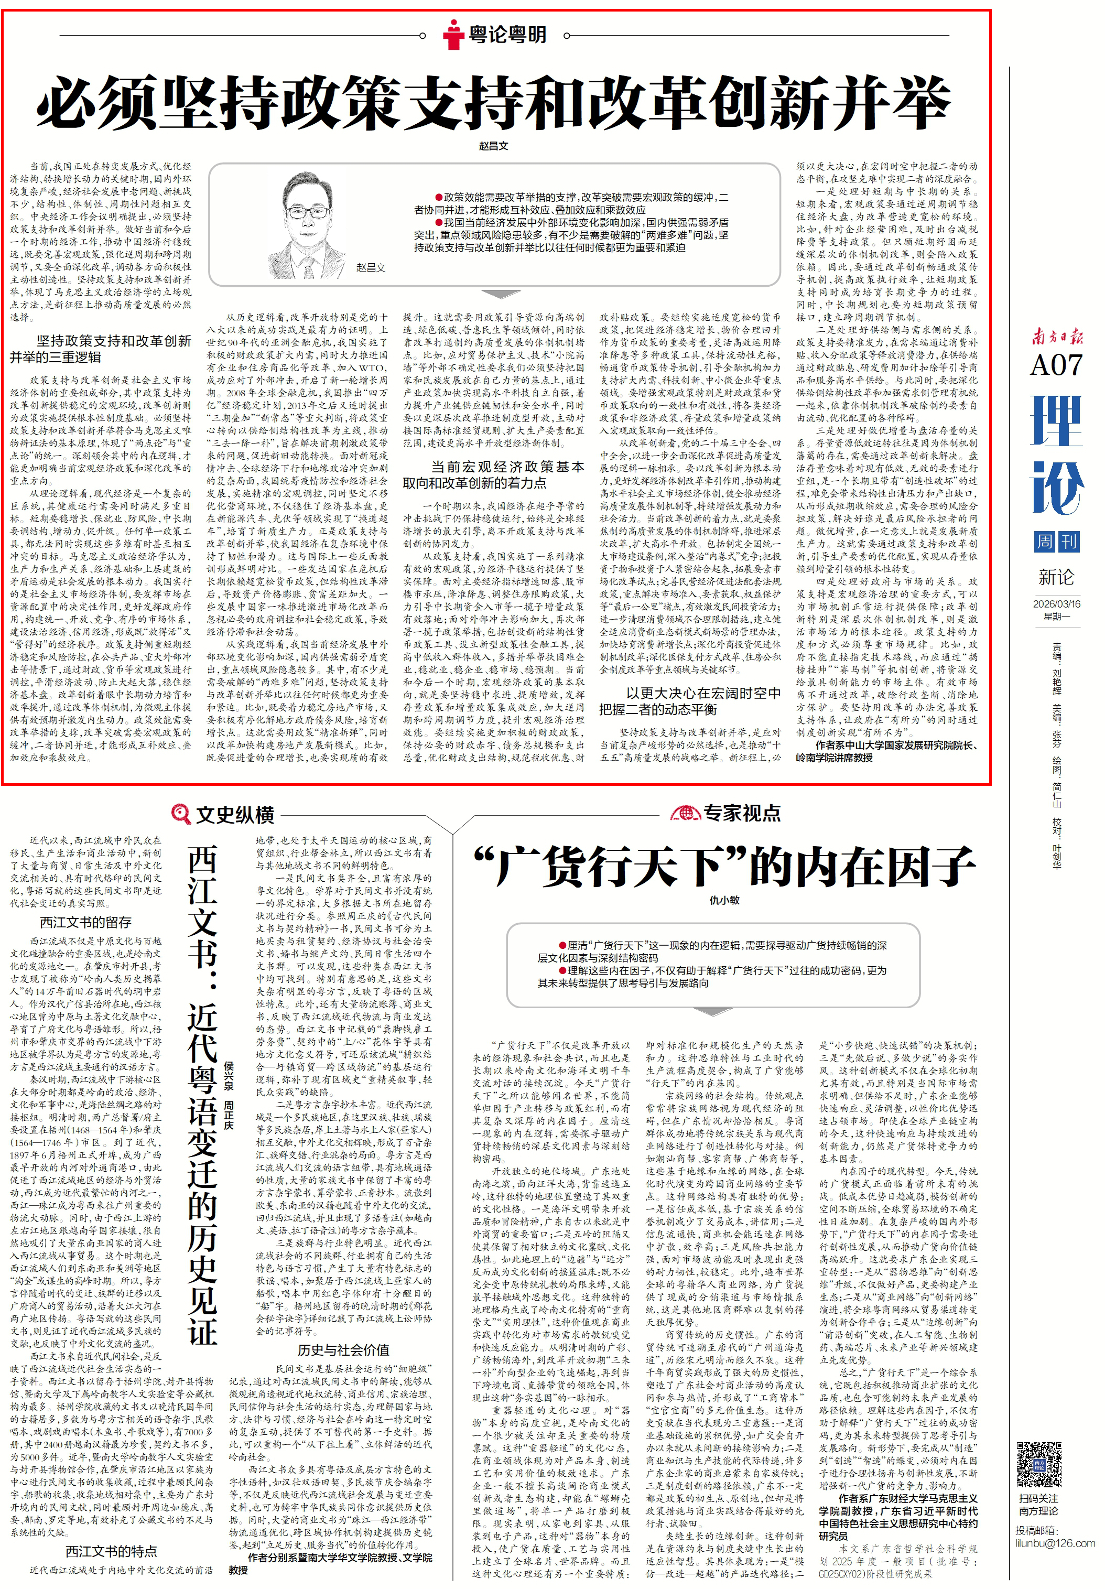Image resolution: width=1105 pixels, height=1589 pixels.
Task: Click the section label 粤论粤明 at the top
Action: click(508, 35)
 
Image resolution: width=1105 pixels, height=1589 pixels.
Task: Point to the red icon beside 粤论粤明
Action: click(453, 34)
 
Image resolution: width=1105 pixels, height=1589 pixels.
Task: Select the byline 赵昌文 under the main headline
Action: click(493, 146)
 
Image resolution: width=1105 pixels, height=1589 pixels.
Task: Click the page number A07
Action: click(1056, 365)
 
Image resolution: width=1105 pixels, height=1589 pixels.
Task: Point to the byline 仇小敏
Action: click(724, 900)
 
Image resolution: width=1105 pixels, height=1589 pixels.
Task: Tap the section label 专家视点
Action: click(742, 813)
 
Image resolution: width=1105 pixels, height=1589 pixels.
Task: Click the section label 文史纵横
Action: click(235, 815)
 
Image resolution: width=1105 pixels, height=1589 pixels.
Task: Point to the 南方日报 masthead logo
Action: click(1057, 337)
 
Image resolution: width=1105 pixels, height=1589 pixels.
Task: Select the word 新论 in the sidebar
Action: click(1057, 577)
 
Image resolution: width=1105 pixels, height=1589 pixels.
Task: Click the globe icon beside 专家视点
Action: click(685, 813)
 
